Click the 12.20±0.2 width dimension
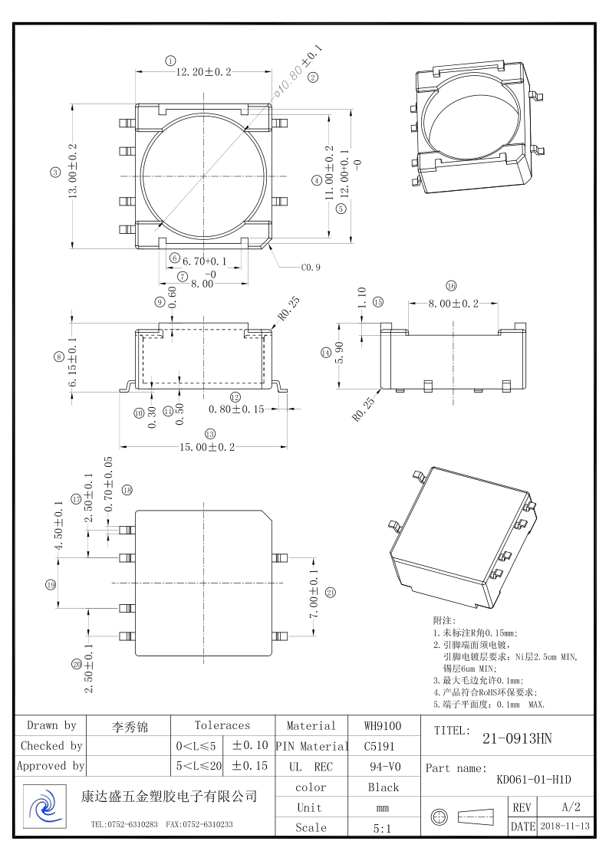click(x=204, y=72)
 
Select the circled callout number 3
click(x=55, y=173)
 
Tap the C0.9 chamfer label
click(x=311, y=268)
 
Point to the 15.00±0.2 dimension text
click(x=206, y=447)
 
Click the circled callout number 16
click(x=451, y=286)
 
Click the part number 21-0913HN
click(x=517, y=739)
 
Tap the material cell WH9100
click(x=383, y=725)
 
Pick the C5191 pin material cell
click(x=383, y=746)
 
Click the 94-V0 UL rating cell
click(x=383, y=767)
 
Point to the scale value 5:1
click(x=383, y=828)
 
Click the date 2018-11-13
click(x=565, y=826)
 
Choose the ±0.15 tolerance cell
click(x=250, y=766)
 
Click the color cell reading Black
click(x=383, y=787)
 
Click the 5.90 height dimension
click(x=337, y=353)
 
